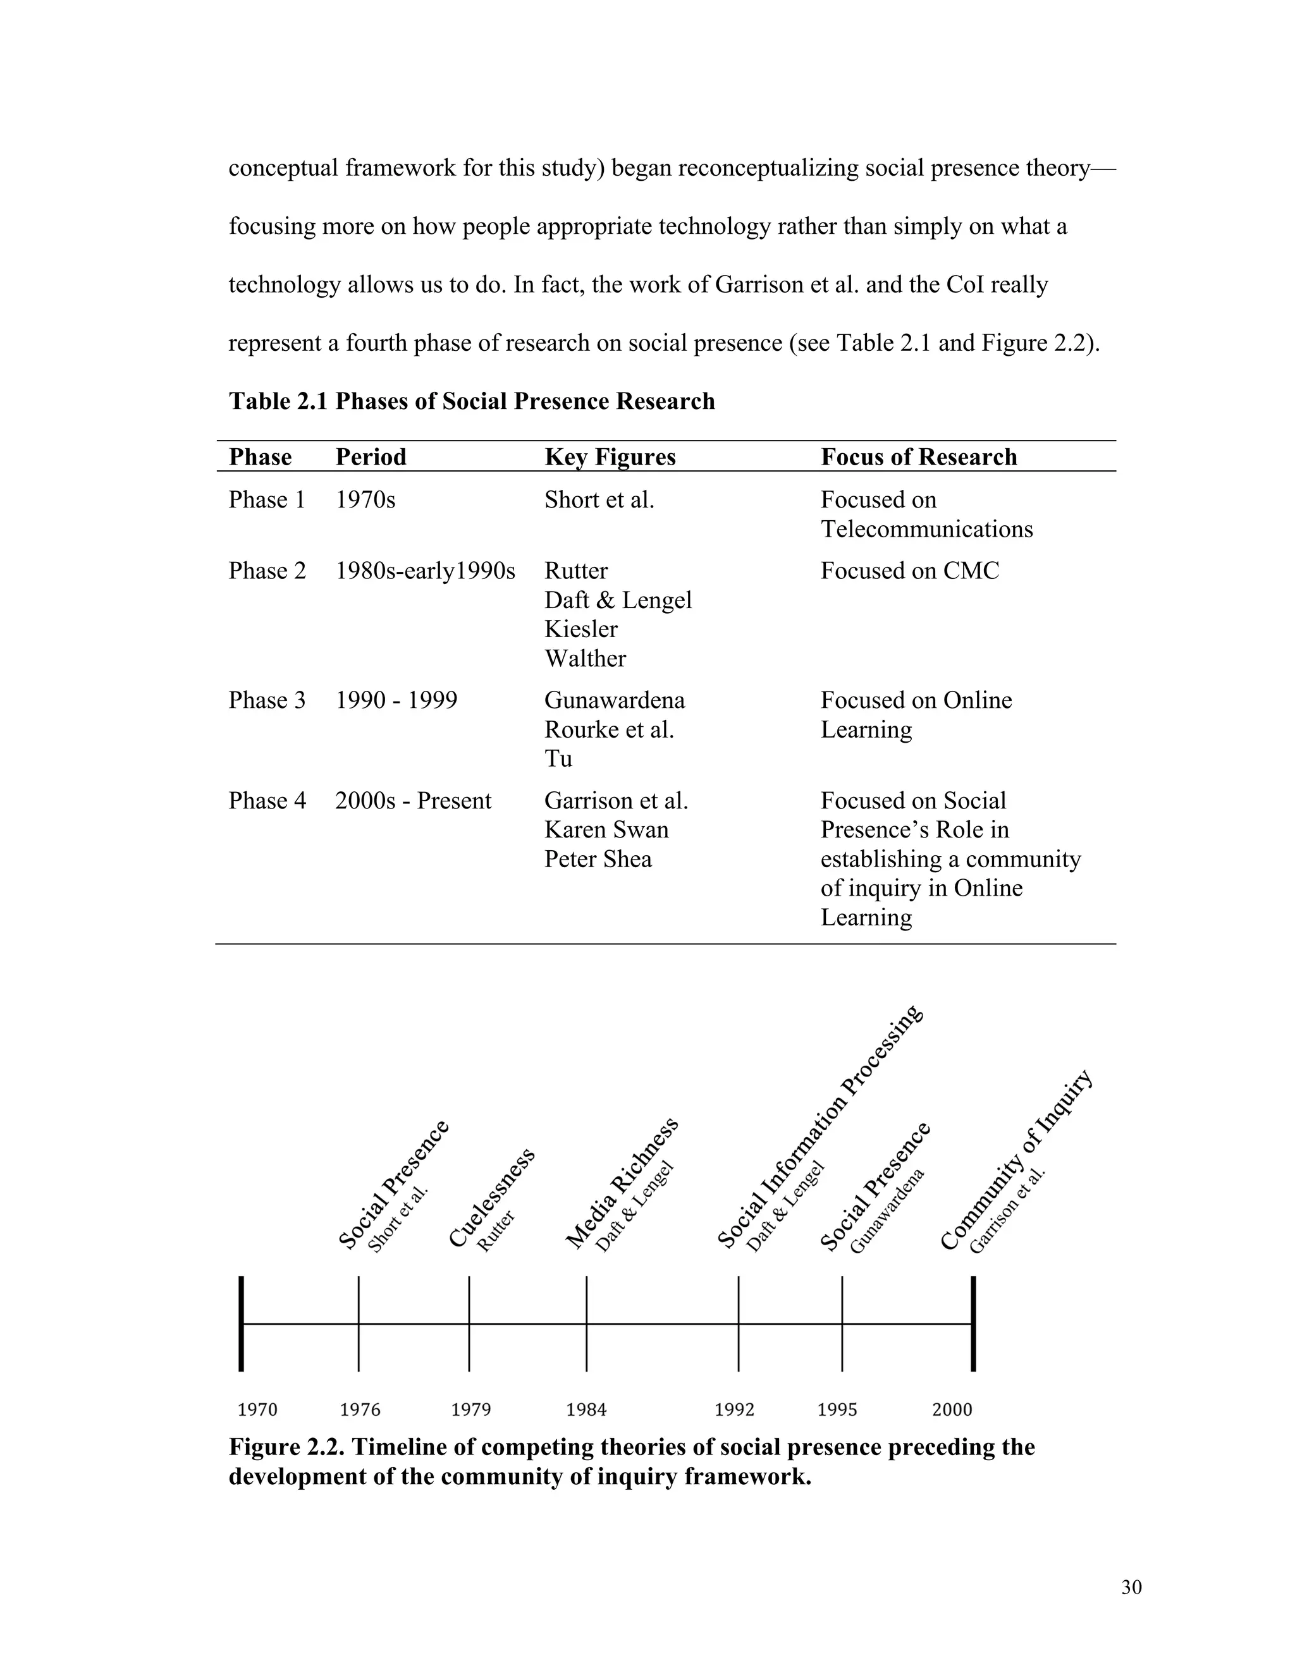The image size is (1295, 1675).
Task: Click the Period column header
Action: click(371, 457)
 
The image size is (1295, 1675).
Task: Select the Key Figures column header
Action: click(610, 457)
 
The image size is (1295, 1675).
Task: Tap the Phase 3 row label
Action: click(266, 700)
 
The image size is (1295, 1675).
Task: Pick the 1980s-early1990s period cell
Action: click(425, 571)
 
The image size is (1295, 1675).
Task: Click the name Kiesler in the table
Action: click(580, 629)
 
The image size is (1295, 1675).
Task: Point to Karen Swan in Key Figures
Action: click(606, 830)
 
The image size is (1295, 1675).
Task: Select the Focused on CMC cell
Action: click(909, 571)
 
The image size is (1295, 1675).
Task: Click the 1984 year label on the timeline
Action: click(586, 1410)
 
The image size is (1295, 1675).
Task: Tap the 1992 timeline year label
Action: click(734, 1410)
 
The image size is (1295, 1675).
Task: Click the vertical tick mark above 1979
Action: click(469, 1324)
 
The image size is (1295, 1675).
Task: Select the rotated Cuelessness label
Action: click(490, 1198)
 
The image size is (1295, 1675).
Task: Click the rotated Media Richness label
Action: click(622, 1183)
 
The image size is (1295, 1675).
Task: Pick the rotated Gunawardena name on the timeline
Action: click(887, 1212)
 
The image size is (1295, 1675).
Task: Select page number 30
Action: click(1131, 1588)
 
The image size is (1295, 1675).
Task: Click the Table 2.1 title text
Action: click(471, 401)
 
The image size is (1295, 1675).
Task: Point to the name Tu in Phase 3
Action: click(558, 758)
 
